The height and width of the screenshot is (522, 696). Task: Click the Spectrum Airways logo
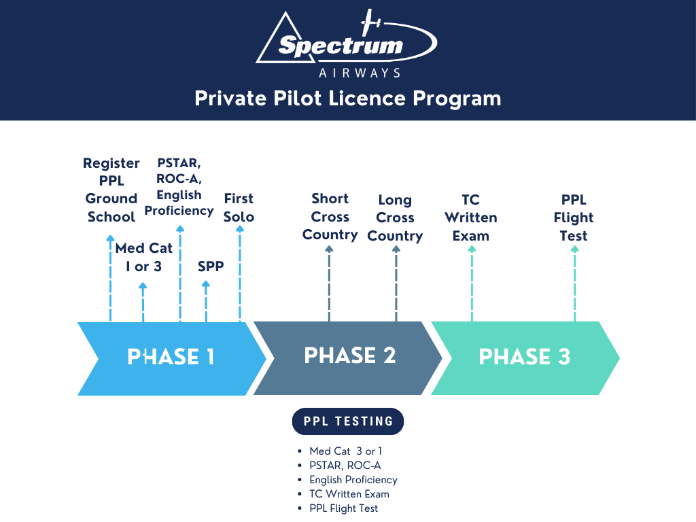[347, 45]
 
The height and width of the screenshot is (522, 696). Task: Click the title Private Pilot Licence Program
[347, 99]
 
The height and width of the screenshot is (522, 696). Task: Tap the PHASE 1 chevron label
[171, 358]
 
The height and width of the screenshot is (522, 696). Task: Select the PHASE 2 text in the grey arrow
[349, 355]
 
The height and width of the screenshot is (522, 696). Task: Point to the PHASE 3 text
[524, 357]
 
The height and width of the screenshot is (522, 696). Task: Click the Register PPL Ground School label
[111, 190]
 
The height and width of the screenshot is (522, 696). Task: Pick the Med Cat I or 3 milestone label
[143, 257]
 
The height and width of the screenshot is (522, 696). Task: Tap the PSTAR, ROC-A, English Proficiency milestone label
[179, 187]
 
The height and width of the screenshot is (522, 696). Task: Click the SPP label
[210, 266]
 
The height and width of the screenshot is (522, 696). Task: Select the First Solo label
[239, 207]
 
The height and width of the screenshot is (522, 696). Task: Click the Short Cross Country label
[330, 216]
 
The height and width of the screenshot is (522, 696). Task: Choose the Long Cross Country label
[395, 217]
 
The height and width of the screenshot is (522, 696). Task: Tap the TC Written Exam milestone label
[470, 217]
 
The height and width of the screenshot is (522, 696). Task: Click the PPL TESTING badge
[348, 421]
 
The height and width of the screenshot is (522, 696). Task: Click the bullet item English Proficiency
[353, 480]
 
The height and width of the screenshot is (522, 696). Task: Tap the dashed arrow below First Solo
[239, 275]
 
